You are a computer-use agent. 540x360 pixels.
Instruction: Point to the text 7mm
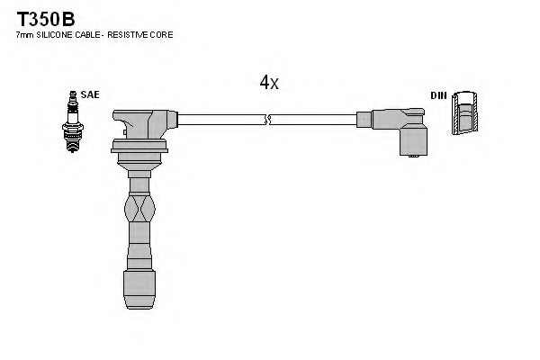[24, 34]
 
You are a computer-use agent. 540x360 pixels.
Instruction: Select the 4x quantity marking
[269, 83]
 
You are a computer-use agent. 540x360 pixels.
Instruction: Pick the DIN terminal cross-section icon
[464, 114]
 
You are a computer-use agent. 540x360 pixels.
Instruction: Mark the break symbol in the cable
[267, 119]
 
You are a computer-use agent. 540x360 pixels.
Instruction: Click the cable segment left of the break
[220, 119]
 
